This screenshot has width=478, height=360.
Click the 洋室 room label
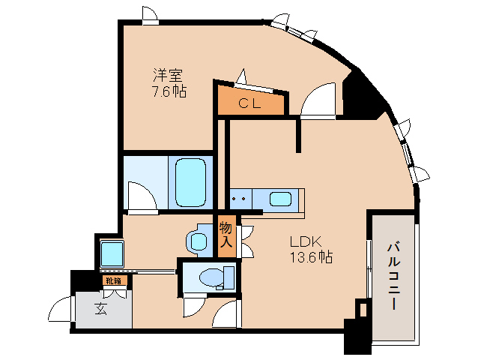(169, 76)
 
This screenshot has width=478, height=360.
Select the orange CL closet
(250, 103)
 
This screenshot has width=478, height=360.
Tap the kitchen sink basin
(280, 199)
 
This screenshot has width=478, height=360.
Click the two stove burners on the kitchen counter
(240, 199)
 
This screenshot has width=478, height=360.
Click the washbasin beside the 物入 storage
(199, 240)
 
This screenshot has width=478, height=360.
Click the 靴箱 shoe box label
(113, 281)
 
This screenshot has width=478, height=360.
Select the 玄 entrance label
(100, 308)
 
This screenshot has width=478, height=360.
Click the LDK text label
(306, 241)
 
